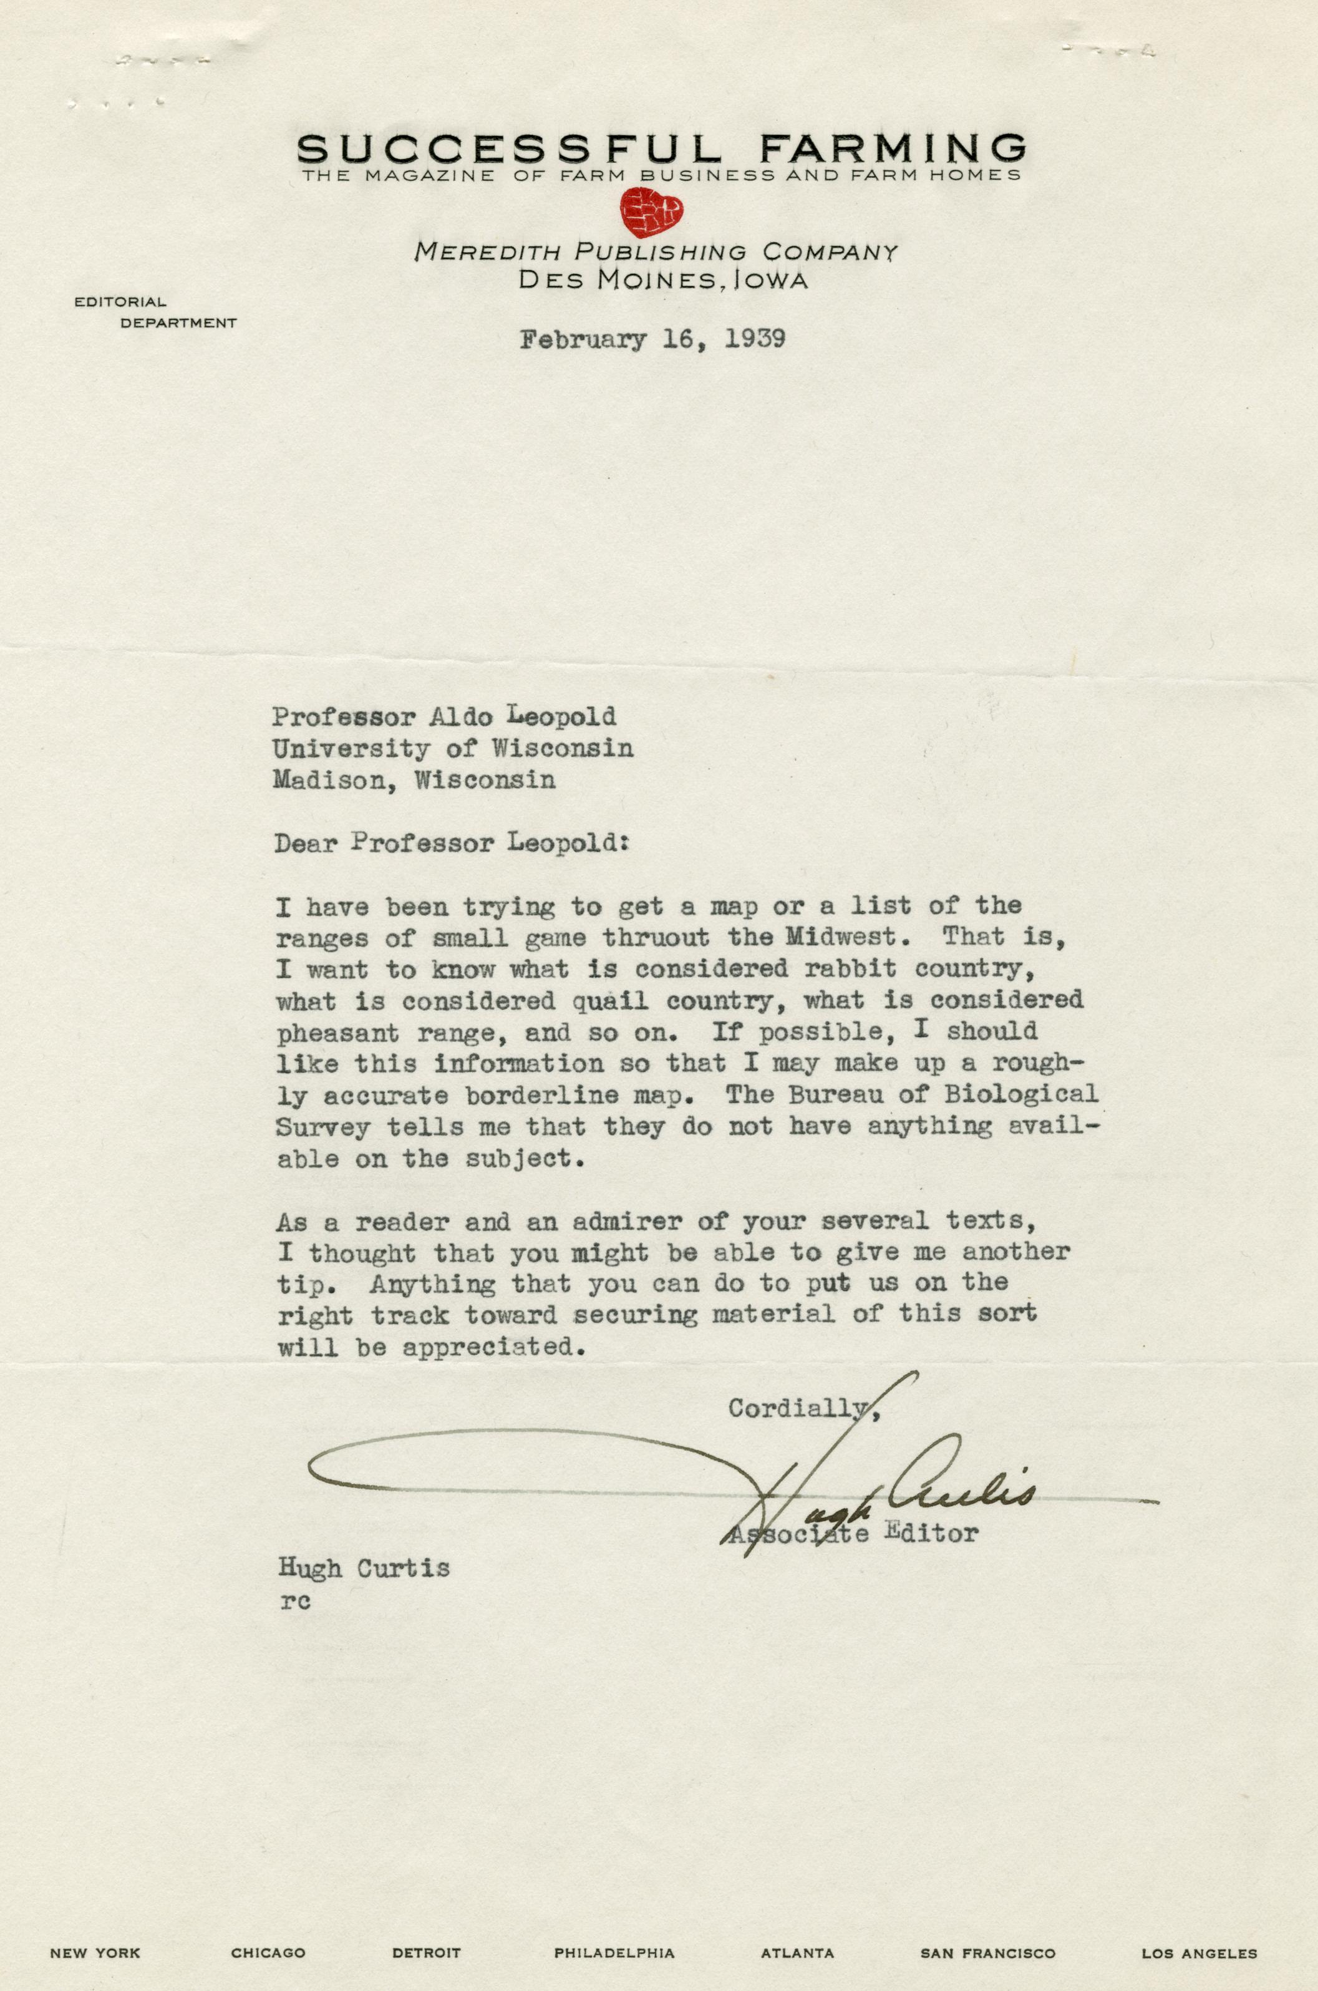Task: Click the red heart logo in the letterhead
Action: (651, 210)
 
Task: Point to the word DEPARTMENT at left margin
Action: (178, 323)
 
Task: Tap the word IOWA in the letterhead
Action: (771, 281)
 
